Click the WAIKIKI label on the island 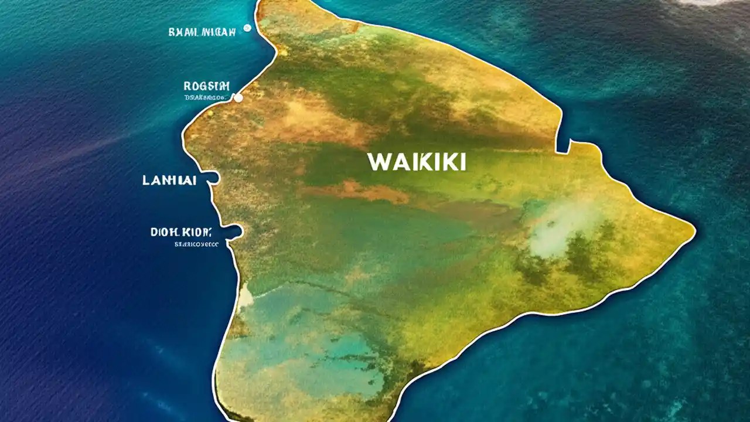[417, 162]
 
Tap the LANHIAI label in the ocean [169, 180]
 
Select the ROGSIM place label [207, 86]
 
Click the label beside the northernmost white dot [202, 32]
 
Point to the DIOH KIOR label [181, 232]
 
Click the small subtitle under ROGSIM [206, 98]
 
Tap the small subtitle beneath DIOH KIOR [196, 244]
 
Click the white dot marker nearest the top [247, 28]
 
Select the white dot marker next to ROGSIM [238, 98]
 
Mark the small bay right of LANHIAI [213, 178]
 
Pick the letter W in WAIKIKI [378, 162]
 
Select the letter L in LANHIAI [146, 180]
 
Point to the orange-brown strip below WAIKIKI [357, 191]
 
